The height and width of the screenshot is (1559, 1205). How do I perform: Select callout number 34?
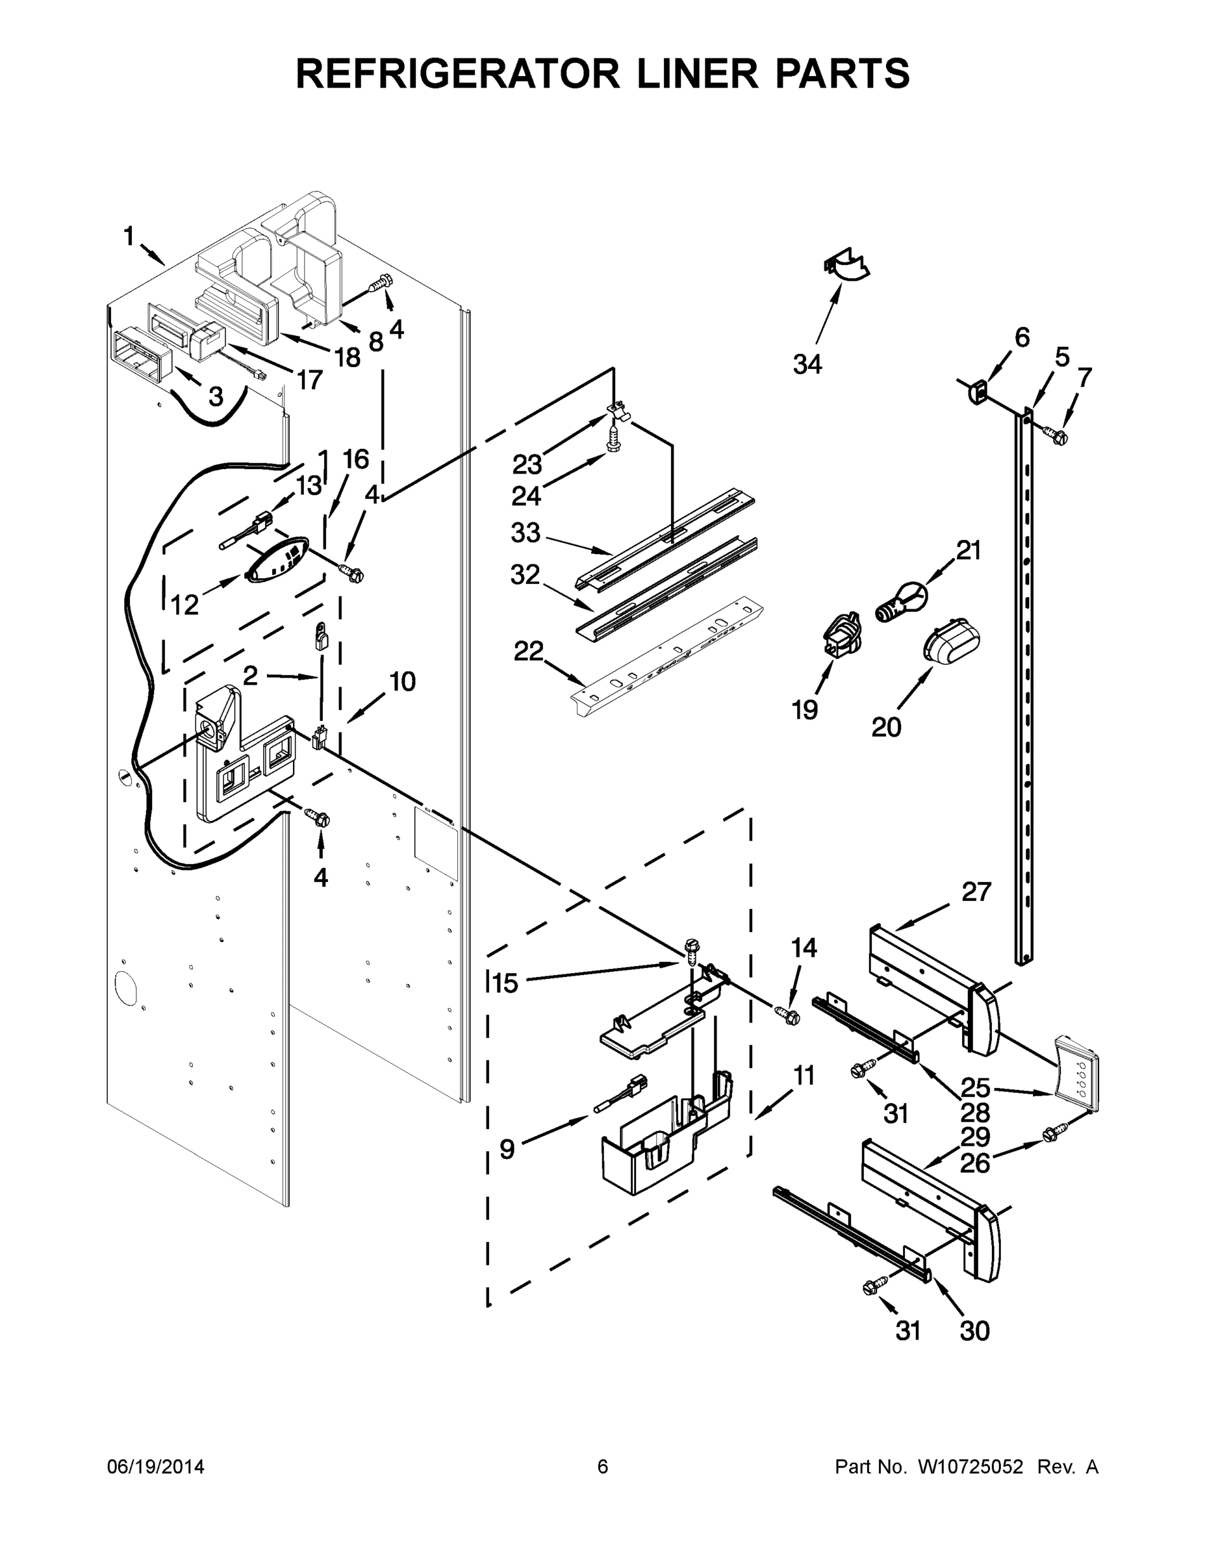coord(807,365)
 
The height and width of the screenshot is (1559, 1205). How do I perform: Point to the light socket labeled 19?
coord(843,634)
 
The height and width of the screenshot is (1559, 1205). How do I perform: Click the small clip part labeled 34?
coord(847,266)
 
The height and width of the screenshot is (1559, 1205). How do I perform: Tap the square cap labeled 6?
coord(977,391)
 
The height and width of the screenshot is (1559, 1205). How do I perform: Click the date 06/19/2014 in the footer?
coord(156,1466)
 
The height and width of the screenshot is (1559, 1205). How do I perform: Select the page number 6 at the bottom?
coord(603,1466)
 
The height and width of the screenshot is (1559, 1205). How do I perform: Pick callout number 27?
coord(976,892)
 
